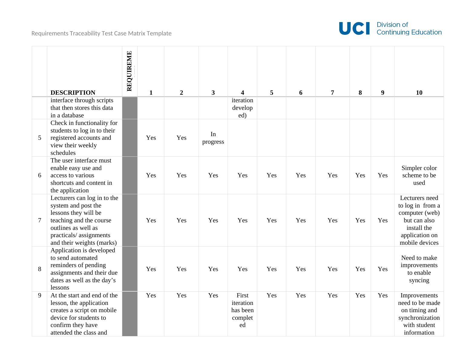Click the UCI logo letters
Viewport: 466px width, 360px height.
coord(354,28)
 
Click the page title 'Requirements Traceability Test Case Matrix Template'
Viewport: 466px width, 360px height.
coord(101,33)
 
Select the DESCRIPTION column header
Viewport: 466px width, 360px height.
coord(73,93)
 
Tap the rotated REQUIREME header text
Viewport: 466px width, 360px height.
coord(130,71)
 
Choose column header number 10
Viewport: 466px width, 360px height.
coord(419,93)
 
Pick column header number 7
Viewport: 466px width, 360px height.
coord(332,93)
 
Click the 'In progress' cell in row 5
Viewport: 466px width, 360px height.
coord(213,138)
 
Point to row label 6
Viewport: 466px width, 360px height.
coord(40,175)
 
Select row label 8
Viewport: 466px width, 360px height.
coord(40,269)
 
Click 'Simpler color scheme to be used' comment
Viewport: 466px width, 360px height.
coord(419,175)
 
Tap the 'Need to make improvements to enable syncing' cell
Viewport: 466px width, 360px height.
coord(419,269)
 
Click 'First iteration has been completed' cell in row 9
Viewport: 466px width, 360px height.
coord(242,310)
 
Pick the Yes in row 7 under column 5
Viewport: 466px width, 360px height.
coord(271,220)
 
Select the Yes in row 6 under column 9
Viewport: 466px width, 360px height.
coord(382,175)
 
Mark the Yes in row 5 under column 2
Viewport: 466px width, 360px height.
coord(181,138)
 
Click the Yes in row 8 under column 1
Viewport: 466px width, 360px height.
coord(151,269)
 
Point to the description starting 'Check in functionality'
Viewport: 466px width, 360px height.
coord(84,138)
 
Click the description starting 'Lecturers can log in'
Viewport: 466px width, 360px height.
coord(84,220)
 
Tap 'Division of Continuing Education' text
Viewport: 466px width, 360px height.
coord(409,28)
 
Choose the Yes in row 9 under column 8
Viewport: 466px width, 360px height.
coord(360,295)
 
